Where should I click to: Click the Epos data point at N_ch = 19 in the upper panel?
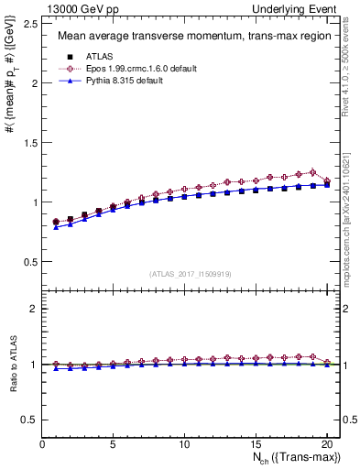click(312, 172)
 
